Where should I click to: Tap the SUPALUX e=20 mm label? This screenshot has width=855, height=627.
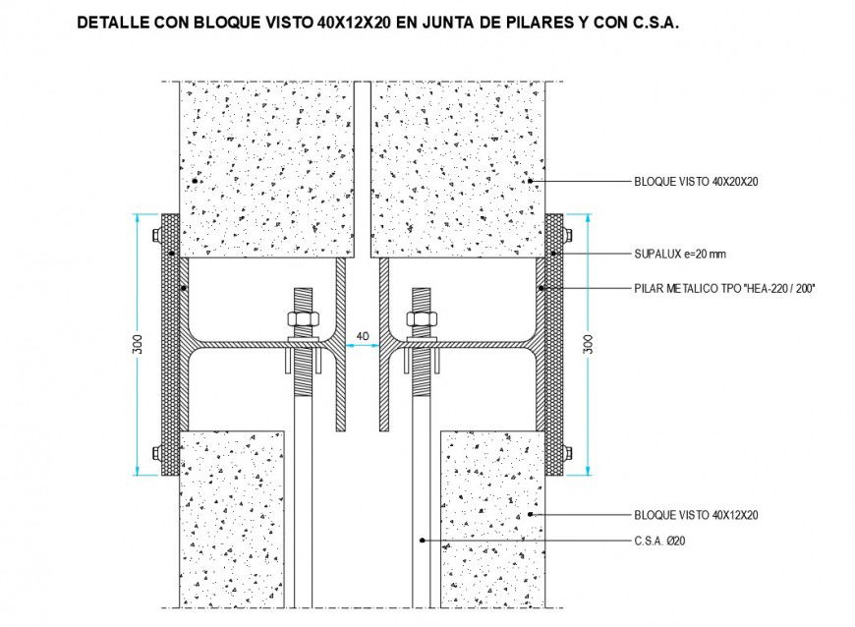click(679, 255)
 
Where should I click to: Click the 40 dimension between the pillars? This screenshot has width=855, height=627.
click(362, 336)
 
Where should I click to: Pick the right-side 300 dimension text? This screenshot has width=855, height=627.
click(588, 343)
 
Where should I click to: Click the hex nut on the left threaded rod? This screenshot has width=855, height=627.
click(302, 319)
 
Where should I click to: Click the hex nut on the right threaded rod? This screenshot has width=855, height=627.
click(422, 319)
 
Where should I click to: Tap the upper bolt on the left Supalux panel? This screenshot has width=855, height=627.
click(156, 234)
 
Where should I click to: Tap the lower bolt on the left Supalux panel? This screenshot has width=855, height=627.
click(156, 453)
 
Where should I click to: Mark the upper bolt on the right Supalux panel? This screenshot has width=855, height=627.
click(567, 234)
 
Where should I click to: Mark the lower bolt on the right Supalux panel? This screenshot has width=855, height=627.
click(567, 453)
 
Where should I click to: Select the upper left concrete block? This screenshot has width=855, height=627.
click(265, 167)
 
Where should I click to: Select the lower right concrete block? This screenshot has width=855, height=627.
click(491, 521)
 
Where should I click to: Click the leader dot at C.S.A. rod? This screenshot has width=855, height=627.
click(421, 540)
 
